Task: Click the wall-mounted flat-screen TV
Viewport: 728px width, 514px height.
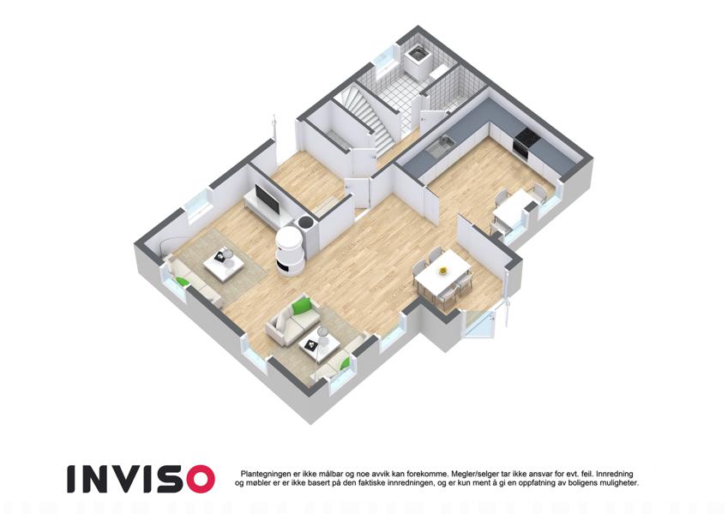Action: (x=267, y=199)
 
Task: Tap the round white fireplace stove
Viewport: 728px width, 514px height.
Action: (x=291, y=251)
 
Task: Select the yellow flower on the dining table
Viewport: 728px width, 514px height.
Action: (x=443, y=269)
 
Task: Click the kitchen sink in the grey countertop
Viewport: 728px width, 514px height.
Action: (x=439, y=145)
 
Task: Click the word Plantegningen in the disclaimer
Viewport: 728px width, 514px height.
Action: (x=262, y=474)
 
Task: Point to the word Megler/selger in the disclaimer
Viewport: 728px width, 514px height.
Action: (x=467, y=474)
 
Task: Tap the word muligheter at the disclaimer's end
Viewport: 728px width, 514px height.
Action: (x=620, y=483)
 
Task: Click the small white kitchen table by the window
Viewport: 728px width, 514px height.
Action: (x=512, y=210)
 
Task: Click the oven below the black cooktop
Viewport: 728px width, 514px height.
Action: (x=519, y=149)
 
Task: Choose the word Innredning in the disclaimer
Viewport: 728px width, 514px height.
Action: (x=615, y=474)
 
